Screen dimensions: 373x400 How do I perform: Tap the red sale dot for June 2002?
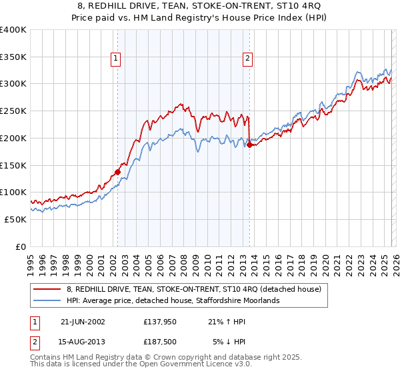coord(118,172)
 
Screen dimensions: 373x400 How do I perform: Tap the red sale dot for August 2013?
coord(249,145)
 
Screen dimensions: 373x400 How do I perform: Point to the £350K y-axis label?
coord(13,57)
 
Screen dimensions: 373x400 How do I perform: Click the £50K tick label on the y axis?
coord(16,219)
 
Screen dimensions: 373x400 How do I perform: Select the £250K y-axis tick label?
coord(13,111)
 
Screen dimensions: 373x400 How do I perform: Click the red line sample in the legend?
coord(47,289)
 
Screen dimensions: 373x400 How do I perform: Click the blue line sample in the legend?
coord(47,300)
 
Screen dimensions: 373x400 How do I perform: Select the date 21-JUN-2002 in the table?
coord(83,321)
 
